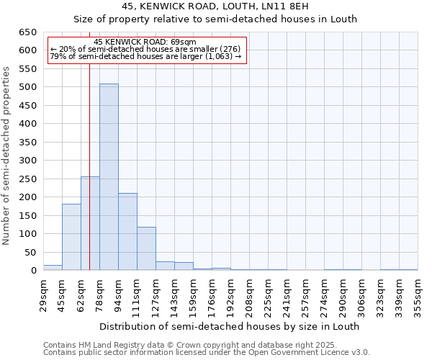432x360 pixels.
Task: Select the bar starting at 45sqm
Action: tap(71, 237)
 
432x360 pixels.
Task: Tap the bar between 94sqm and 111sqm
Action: tap(127, 232)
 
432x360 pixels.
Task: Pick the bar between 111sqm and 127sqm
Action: tap(146, 248)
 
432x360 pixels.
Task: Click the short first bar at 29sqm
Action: tap(53, 268)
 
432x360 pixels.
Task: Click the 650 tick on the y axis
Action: tap(27, 32)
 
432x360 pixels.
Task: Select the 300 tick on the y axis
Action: tap(27, 161)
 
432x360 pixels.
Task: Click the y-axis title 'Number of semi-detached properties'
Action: tap(7, 156)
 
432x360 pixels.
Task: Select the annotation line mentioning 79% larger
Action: tap(145, 57)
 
